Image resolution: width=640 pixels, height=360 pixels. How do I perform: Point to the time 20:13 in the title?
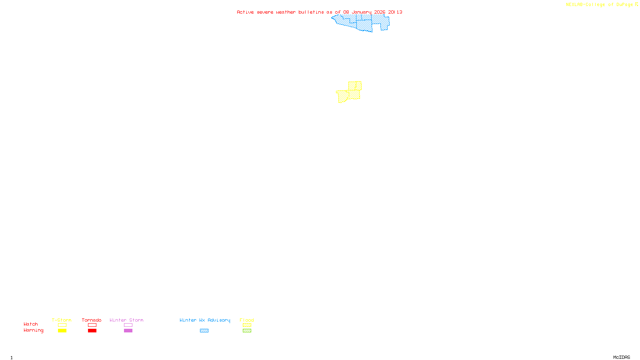395,12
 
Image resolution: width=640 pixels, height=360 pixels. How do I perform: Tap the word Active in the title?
245,12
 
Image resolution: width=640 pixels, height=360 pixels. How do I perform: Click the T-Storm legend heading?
62,320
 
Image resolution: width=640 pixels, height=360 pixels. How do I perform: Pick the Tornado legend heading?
92,320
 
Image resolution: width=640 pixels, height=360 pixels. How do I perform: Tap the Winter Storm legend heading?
126,320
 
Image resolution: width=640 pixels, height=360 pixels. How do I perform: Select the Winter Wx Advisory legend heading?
205,320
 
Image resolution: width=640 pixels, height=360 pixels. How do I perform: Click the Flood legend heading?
247,320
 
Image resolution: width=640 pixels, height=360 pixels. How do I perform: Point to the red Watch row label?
31,324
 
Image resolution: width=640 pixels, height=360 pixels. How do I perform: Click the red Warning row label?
34,330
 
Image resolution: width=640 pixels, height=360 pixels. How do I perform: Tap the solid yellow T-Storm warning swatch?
62,331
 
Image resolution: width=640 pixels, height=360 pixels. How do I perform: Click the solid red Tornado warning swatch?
92,331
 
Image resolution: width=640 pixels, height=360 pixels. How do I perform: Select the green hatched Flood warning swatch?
247,331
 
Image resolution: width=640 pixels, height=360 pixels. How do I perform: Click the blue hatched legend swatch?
204,331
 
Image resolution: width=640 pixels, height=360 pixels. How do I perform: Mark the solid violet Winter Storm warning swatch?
128,331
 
